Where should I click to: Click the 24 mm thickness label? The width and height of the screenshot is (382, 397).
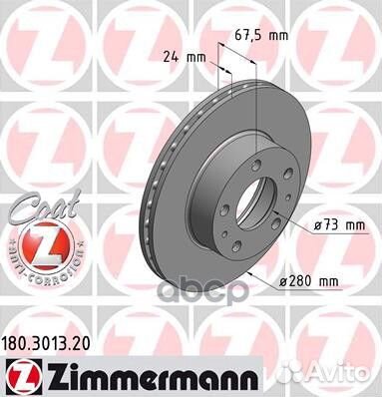183,58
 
